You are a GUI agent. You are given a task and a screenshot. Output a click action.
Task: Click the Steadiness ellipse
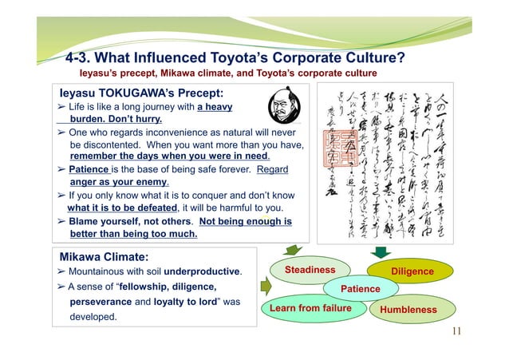(312, 271)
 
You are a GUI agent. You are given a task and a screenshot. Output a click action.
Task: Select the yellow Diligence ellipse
(412, 271)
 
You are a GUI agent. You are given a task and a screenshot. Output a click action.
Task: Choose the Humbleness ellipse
(408, 309)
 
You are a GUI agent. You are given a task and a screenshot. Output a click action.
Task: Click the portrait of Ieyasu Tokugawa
(282, 107)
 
